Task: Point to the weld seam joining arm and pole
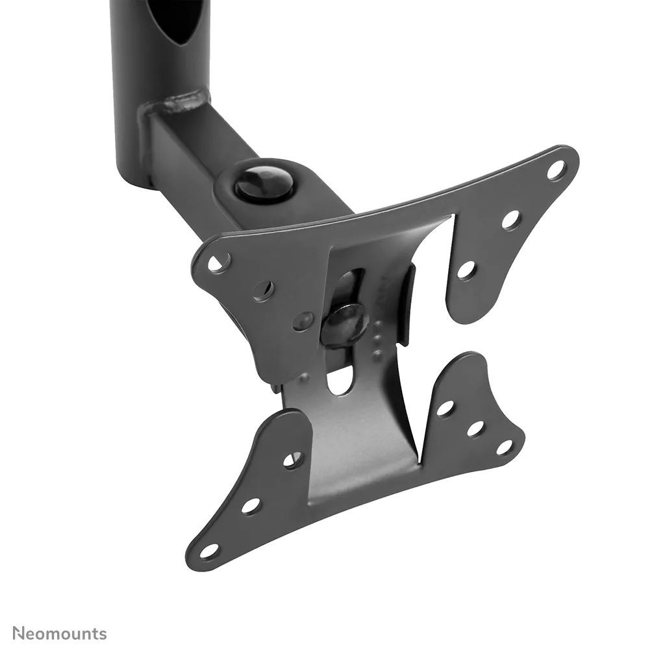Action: (182, 103)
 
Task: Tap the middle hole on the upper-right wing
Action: (510, 219)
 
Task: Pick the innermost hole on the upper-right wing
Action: (466, 268)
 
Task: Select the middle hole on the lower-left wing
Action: (251, 504)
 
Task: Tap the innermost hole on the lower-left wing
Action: (292, 459)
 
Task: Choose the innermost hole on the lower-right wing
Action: (445, 408)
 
